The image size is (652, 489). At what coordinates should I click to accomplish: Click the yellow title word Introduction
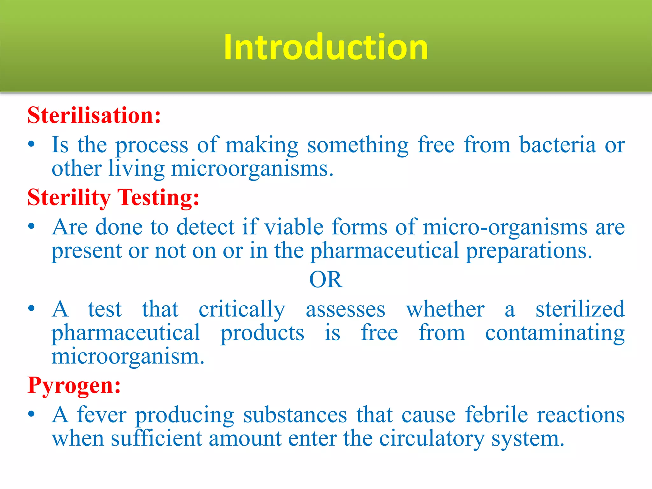click(326, 47)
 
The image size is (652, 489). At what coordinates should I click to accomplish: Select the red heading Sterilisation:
click(94, 115)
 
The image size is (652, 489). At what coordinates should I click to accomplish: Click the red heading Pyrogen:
click(74, 386)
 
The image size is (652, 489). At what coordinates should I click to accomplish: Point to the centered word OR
click(326, 280)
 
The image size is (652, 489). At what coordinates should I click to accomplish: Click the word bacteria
click(557, 145)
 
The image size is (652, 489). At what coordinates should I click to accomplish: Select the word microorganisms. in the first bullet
click(252, 169)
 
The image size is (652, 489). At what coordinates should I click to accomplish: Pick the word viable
click(294, 227)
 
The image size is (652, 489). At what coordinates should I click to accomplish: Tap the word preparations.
click(529, 251)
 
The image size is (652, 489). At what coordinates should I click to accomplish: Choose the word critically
click(242, 310)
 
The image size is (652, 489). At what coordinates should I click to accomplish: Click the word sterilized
click(580, 309)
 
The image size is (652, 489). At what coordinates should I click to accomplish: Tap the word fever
click(102, 415)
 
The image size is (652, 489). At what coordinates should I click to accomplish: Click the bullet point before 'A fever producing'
click(31, 415)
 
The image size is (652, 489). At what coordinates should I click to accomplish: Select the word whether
click(445, 309)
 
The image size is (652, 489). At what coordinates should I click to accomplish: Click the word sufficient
click(156, 439)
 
